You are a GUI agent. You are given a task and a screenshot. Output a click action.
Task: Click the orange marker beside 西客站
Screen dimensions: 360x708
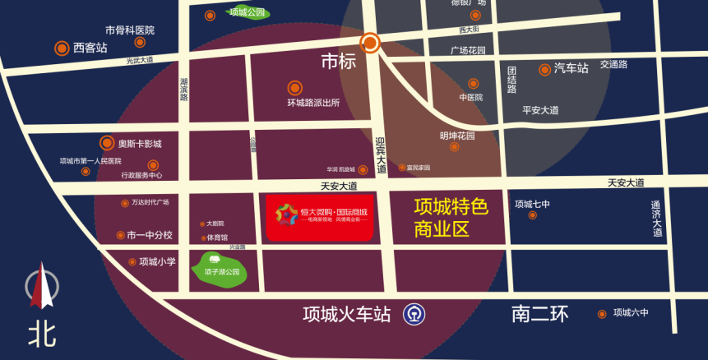click(62, 48)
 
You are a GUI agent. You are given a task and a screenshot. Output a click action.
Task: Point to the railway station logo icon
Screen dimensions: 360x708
click(413, 314)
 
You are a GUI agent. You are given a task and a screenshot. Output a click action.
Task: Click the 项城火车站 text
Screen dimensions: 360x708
click(346, 315)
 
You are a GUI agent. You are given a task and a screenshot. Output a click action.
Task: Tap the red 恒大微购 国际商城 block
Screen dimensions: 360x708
click(321, 217)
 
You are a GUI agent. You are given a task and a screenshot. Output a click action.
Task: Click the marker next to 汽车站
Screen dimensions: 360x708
click(544, 70)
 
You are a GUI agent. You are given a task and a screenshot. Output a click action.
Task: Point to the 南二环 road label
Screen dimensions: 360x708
click(539, 314)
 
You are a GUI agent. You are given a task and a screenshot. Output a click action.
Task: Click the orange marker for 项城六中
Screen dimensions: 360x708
click(603, 313)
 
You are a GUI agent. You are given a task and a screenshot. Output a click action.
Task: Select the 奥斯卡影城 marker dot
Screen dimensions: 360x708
click(106, 143)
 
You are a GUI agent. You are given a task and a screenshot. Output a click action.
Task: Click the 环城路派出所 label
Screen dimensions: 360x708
click(313, 103)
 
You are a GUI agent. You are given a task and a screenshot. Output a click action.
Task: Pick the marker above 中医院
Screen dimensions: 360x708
click(473, 84)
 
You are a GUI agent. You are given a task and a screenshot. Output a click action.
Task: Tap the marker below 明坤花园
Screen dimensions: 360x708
click(455, 147)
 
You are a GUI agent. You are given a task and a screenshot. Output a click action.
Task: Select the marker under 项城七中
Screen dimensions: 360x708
click(532, 215)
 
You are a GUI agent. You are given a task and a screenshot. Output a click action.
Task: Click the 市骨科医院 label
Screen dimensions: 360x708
click(130, 30)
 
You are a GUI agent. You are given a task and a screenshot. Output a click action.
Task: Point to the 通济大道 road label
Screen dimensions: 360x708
click(656, 219)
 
